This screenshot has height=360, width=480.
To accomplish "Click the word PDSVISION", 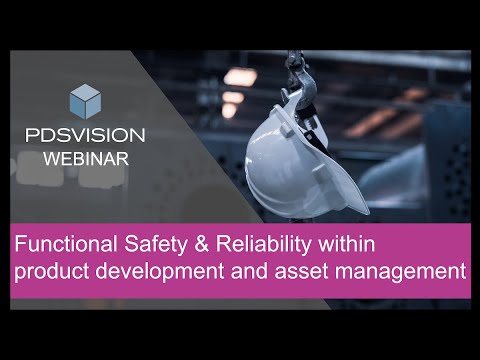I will coord(85,135).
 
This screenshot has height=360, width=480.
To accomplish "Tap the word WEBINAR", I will coord(85,158).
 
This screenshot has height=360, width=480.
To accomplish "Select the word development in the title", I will coord(157,269).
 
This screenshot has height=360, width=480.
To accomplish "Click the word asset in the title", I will coord(294,269).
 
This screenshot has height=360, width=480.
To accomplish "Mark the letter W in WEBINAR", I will coord(50,158).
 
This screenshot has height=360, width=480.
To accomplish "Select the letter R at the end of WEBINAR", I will coord(119,158).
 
